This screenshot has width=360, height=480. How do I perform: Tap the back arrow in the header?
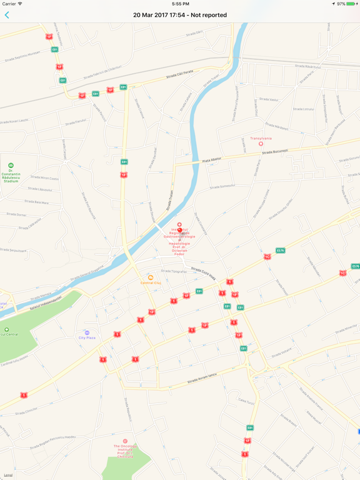[7, 15]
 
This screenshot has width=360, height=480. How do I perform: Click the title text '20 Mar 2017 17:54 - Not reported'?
[180, 15]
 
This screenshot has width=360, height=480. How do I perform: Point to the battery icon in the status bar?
[352, 4]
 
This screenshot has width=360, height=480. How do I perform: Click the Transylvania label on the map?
[261, 139]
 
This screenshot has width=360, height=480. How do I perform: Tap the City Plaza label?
[87, 337]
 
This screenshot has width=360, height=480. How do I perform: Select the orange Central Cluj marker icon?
[150, 277]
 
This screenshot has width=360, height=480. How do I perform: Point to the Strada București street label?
[275, 152]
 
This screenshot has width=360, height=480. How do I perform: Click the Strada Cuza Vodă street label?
[203, 272]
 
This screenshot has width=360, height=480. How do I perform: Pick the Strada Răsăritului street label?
[307, 66]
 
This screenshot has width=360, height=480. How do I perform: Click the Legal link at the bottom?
[8, 475]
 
